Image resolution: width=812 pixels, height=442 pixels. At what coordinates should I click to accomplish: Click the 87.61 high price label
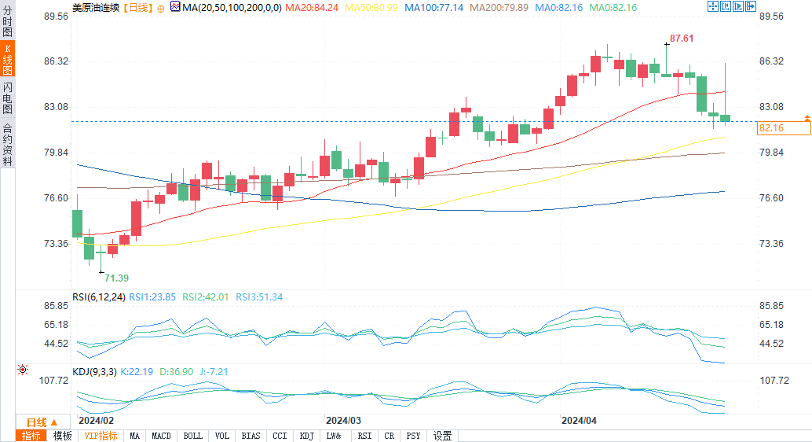click(x=682, y=38)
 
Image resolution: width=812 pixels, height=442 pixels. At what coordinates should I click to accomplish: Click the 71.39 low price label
click(x=117, y=278)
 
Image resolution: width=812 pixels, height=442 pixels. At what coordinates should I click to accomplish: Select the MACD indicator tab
click(x=161, y=436)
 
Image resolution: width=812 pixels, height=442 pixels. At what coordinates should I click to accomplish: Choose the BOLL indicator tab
click(x=192, y=436)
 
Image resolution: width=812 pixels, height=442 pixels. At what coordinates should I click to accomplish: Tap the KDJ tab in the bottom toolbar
click(x=307, y=436)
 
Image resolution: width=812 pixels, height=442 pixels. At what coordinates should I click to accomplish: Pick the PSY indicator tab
click(x=414, y=436)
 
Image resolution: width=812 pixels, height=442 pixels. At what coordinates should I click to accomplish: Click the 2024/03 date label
click(x=343, y=421)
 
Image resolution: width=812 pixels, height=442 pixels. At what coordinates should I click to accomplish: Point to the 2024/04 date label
click(x=579, y=421)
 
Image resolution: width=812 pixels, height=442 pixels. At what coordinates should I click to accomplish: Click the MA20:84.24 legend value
click(x=312, y=7)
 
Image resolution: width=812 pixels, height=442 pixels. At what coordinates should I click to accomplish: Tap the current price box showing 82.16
click(x=771, y=127)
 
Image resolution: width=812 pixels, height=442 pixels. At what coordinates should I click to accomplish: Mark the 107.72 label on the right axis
click(x=773, y=380)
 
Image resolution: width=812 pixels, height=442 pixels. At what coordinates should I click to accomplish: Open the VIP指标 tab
click(x=101, y=436)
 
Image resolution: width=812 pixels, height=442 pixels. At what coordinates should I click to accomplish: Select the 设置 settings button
click(x=443, y=436)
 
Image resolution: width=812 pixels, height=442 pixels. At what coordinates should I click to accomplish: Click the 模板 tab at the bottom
click(x=62, y=436)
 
